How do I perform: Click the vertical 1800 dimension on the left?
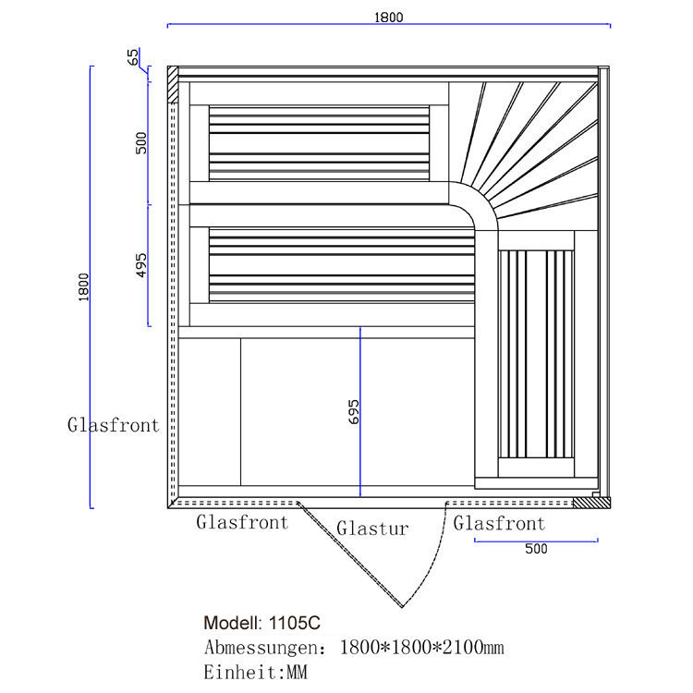82,288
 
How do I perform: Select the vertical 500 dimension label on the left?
141,142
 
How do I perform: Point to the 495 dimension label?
141,264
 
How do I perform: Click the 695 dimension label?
353,411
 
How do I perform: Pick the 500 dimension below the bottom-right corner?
536,548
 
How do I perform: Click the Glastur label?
372,529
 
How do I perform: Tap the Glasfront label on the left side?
113,426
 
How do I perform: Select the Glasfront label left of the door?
242,522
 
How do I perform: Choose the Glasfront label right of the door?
499,524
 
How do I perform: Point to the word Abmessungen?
261,647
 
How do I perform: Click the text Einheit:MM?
255,672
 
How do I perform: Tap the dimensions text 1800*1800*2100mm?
422,647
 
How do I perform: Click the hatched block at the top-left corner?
172,85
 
